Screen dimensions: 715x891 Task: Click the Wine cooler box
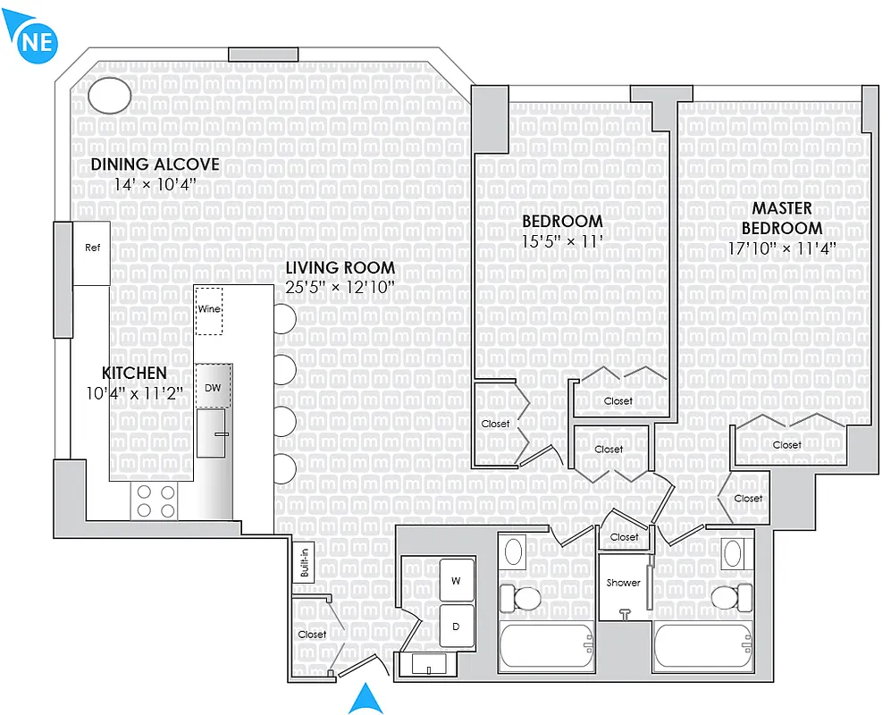coord(209,310)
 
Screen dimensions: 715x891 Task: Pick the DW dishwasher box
coord(213,386)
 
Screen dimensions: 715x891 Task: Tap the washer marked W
coord(456,581)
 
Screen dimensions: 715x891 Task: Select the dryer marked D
coord(456,627)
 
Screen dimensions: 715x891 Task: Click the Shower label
coord(623,583)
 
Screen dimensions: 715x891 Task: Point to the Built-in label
coord(304,563)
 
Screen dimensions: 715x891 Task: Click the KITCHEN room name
coord(134,373)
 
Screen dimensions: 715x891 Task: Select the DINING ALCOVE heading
coord(155,164)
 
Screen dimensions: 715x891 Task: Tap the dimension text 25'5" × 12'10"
coord(340,287)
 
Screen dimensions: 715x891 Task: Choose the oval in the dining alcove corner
coord(112,96)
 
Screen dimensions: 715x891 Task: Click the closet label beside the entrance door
coord(312,635)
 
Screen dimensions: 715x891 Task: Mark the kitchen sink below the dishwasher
coord(212,433)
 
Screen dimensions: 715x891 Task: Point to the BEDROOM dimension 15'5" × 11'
coord(562,241)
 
